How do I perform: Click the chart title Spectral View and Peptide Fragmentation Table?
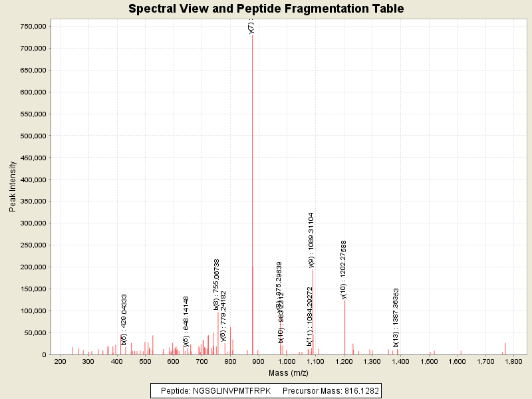[x=266, y=9]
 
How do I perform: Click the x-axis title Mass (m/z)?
[x=288, y=373]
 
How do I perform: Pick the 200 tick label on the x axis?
[x=61, y=362]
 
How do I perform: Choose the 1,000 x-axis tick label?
[x=287, y=362]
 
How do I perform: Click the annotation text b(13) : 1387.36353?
[x=396, y=318]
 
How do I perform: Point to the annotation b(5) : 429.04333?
[x=124, y=319]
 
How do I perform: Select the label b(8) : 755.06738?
[x=217, y=285]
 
